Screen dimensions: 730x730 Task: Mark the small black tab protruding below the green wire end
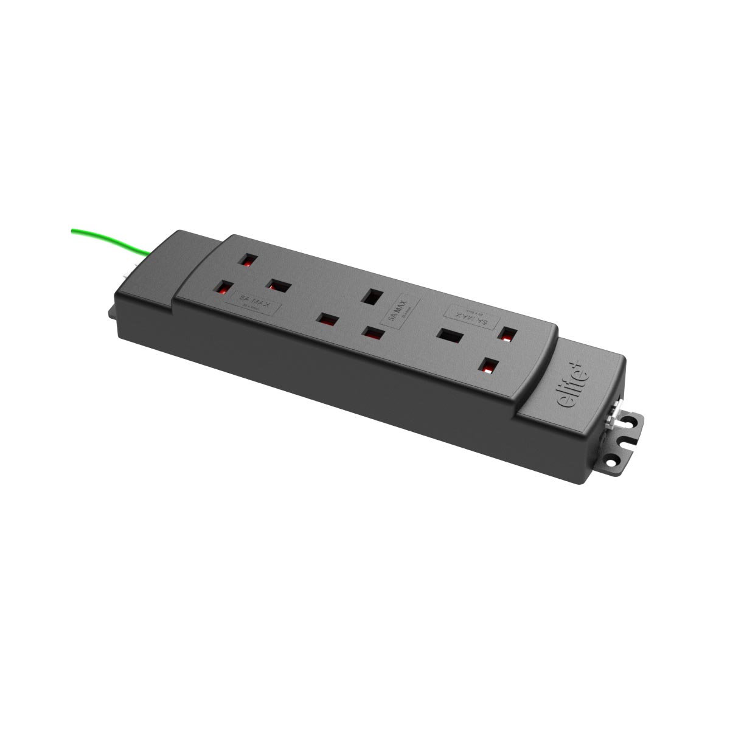(x=114, y=311)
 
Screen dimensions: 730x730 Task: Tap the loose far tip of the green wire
(x=73, y=229)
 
